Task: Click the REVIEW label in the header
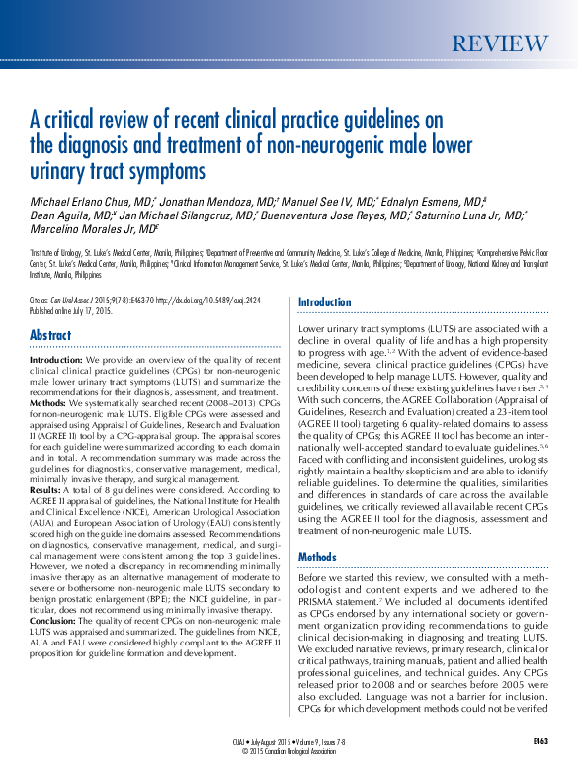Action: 499,44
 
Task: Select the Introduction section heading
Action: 324,302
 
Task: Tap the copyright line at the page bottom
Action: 289,749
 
